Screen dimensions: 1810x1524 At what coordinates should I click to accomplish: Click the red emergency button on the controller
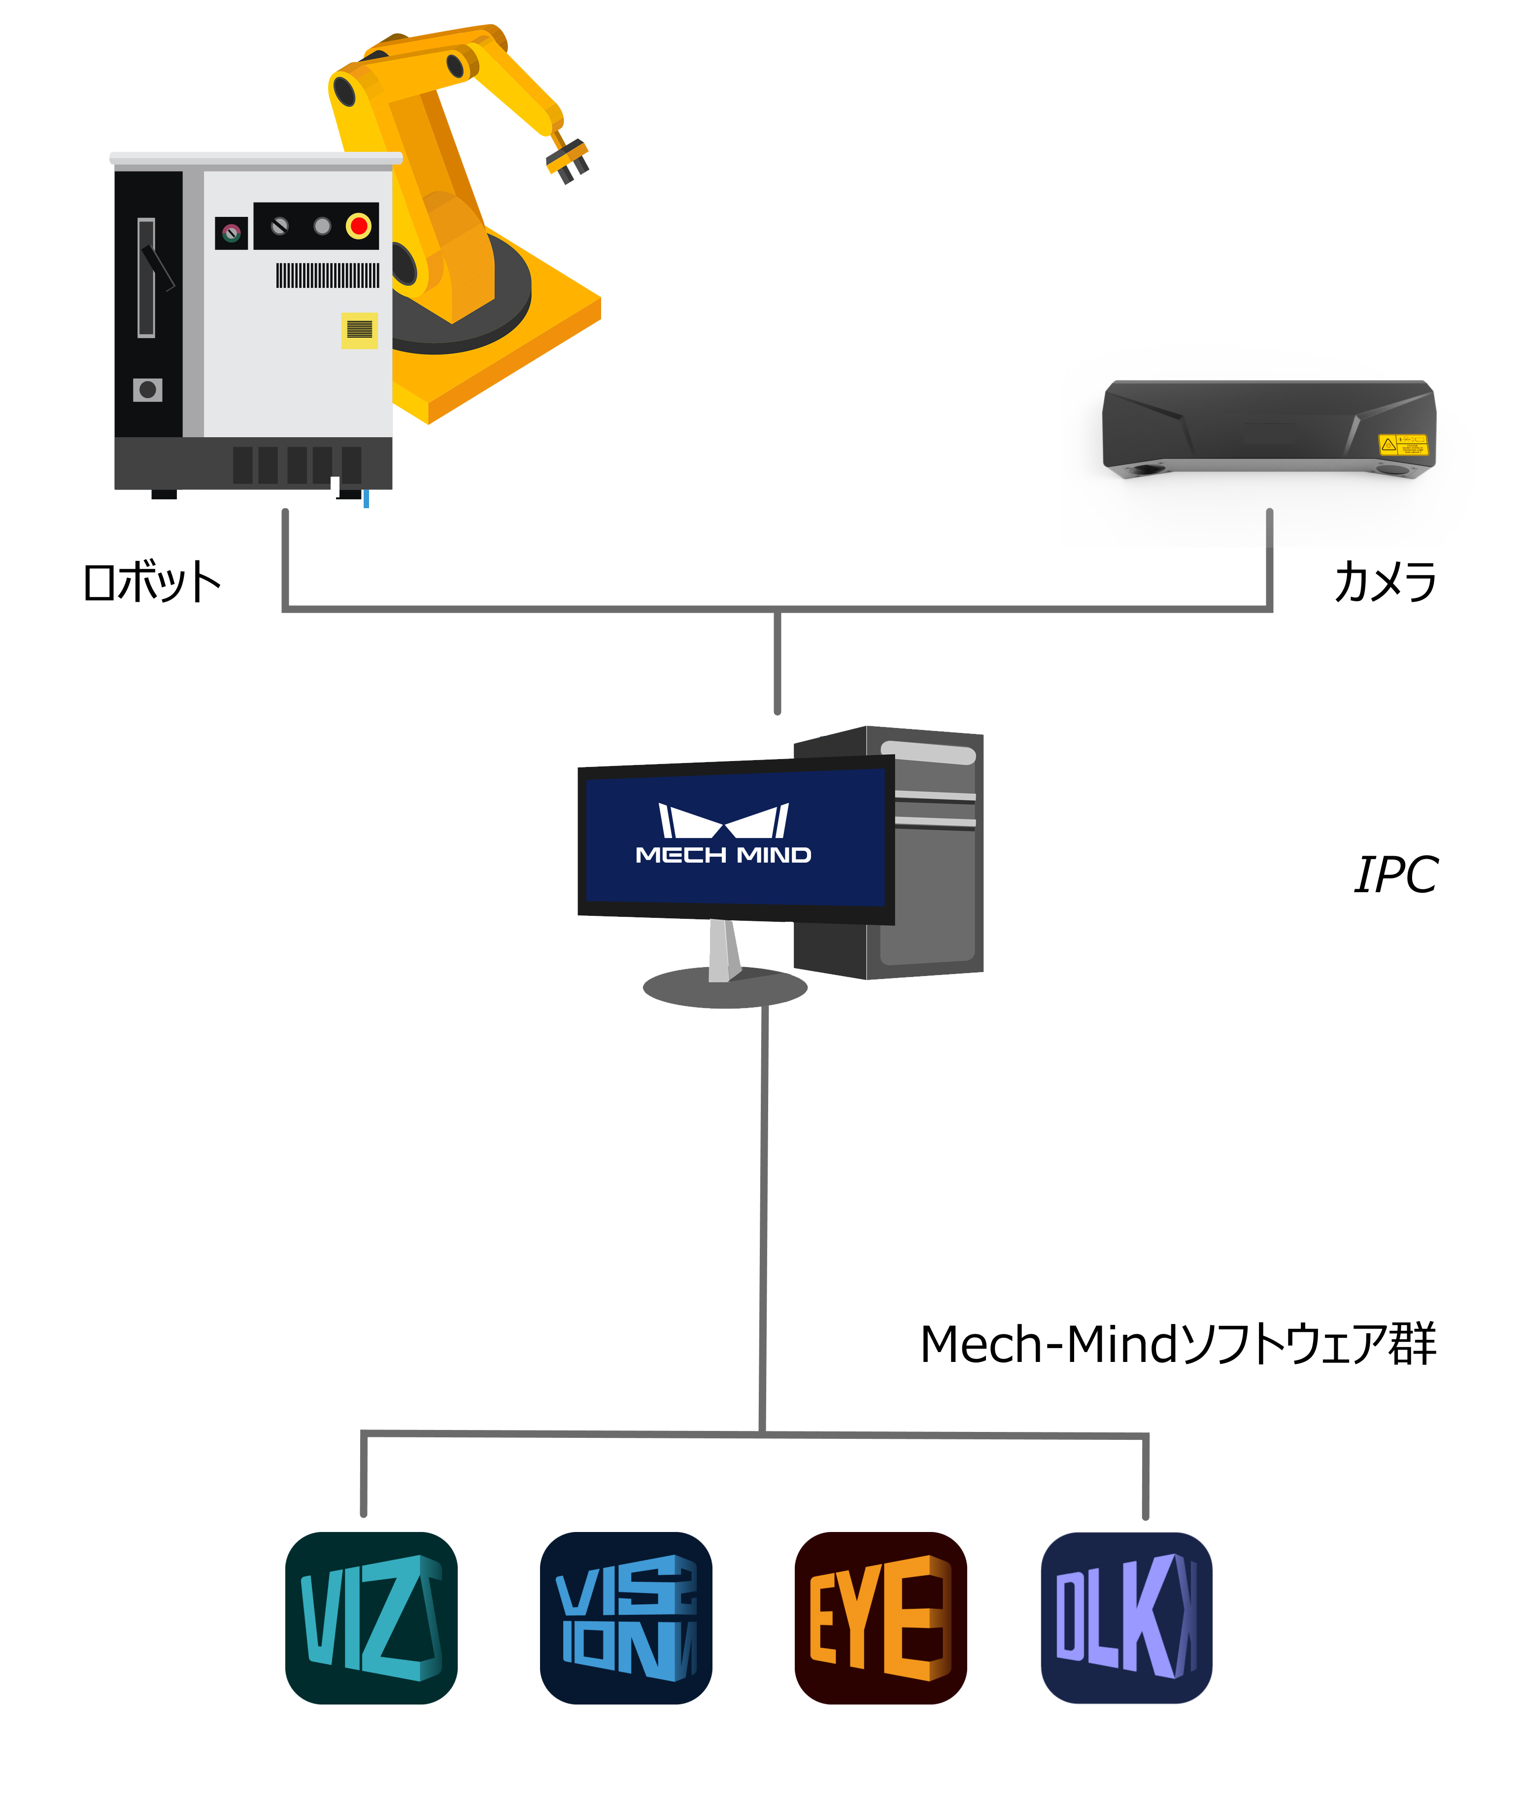click(x=359, y=226)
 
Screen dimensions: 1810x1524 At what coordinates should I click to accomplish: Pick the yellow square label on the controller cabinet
click(x=359, y=329)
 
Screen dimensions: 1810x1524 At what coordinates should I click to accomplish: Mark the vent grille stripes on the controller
click(x=328, y=276)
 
